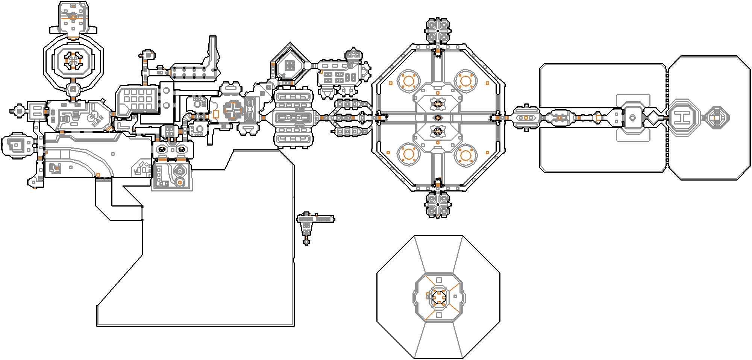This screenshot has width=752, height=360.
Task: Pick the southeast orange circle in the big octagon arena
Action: tap(465, 155)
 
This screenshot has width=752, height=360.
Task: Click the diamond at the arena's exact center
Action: tap(437, 118)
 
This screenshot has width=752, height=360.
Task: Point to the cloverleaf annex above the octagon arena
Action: tap(437, 30)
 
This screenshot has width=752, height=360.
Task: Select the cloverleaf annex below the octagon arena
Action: tap(437, 205)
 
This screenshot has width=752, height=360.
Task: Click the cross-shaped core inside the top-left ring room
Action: tap(73, 60)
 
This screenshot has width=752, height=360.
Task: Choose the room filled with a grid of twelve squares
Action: tap(138, 99)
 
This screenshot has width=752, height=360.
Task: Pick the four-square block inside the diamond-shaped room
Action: tap(289, 66)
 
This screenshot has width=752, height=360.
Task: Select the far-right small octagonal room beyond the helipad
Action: tap(716, 118)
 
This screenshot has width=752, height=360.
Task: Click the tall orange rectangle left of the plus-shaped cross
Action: tap(215, 114)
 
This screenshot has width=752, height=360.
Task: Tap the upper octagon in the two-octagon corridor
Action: tap(166, 91)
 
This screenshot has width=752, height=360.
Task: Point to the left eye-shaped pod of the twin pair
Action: tap(162, 149)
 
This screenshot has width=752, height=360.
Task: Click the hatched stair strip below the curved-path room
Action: tap(104, 178)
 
